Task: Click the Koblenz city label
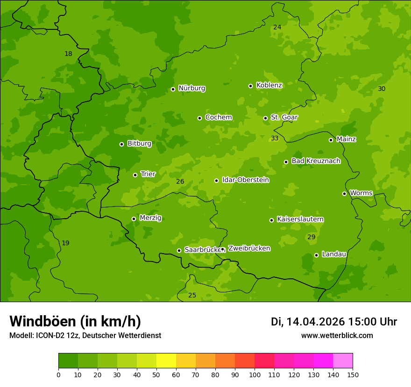(269, 85)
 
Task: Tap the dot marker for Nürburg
(173, 89)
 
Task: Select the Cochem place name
(218, 117)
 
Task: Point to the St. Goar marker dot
(265, 118)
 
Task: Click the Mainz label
(346, 139)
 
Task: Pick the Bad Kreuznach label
(316, 161)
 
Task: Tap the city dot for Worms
(344, 193)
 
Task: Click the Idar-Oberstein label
(245, 180)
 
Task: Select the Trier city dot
(135, 175)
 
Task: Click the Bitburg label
(139, 144)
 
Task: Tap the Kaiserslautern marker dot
(271, 220)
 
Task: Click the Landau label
(334, 255)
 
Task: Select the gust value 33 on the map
(275, 138)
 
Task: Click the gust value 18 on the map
(68, 54)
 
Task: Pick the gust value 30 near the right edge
(382, 89)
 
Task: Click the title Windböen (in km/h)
(75, 321)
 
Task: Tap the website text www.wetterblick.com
(337, 336)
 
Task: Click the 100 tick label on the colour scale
(255, 374)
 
